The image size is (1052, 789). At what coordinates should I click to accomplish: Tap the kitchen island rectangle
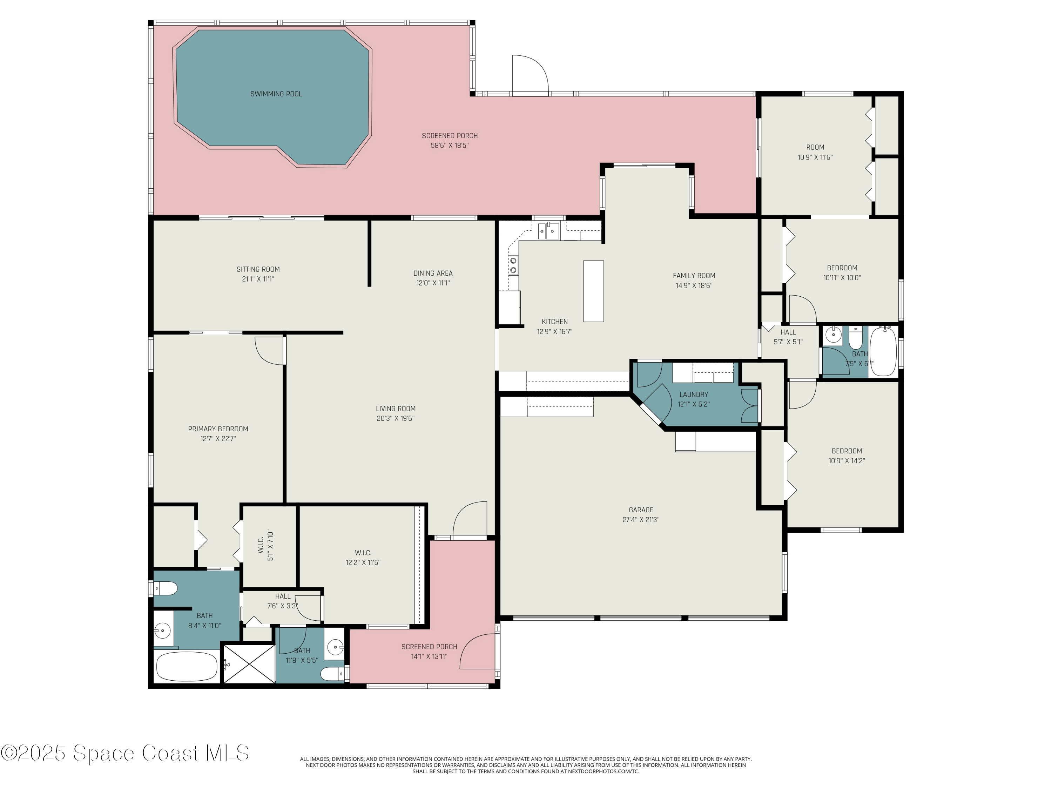(594, 291)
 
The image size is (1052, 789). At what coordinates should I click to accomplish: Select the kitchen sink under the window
(549, 231)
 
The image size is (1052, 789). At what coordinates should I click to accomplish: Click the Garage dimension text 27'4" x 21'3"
(641, 520)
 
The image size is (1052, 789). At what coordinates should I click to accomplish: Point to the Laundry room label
(693, 394)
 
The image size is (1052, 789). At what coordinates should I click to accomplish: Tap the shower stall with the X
(249, 663)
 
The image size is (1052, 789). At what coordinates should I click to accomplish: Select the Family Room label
(694, 275)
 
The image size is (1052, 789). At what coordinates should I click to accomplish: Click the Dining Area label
(433, 273)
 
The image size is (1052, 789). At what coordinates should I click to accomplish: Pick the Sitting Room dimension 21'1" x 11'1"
(258, 279)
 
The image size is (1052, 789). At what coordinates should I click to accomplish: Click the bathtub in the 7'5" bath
(883, 351)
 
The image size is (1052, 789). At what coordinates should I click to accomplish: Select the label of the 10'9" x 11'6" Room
(815, 147)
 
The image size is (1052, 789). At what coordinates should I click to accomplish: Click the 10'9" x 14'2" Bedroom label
(847, 451)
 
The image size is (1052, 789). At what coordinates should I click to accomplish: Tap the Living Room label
(395, 409)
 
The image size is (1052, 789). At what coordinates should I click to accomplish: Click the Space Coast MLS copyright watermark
(124, 753)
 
